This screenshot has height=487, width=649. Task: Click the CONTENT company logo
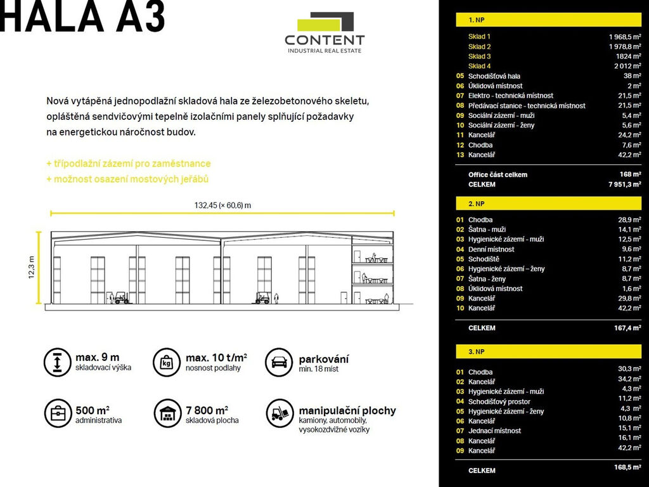click(x=324, y=33)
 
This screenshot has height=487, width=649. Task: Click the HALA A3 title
click(x=83, y=17)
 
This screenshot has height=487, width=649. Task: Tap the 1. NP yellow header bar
click(x=548, y=20)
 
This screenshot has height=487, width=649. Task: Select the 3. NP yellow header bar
click(x=548, y=351)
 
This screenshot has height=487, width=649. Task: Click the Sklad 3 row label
click(x=480, y=56)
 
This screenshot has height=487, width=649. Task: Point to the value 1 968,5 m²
click(x=625, y=37)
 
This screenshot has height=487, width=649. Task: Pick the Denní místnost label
click(x=491, y=249)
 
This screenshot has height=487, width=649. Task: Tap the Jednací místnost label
click(x=494, y=431)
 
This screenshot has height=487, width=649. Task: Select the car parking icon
click(x=279, y=362)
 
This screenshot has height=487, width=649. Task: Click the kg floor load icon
click(x=167, y=362)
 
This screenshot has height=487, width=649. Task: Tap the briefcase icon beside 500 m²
click(x=57, y=413)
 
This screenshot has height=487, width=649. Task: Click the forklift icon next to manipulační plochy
click(x=279, y=413)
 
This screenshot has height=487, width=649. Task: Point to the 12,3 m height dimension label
click(x=31, y=268)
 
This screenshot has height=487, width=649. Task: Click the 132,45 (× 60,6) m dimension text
click(x=222, y=205)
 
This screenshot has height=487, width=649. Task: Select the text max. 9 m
click(x=97, y=358)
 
